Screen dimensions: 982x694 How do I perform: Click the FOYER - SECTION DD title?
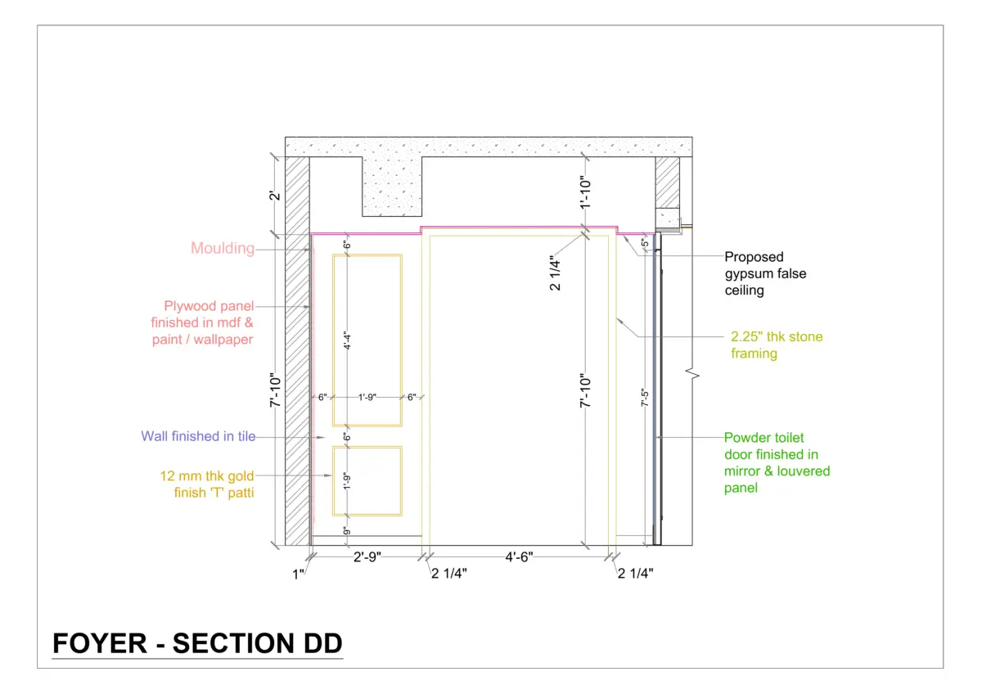click(x=197, y=643)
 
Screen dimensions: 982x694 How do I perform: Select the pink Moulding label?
click(x=223, y=248)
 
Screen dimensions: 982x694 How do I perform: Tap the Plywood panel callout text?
click(x=202, y=322)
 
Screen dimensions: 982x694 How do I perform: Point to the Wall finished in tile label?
click(x=198, y=436)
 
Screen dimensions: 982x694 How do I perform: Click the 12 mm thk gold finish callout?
click(x=207, y=484)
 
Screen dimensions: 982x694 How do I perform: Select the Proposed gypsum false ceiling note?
click(x=765, y=273)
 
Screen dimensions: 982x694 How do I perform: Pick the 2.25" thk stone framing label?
click(x=777, y=345)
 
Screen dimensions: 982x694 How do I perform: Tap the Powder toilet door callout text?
click(x=777, y=462)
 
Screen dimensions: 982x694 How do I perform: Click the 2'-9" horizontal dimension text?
click(x=367, y=557)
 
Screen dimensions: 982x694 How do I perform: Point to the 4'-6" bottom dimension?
click(x=519, y=557)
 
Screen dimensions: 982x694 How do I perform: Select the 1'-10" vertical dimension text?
click(x=585, y=192)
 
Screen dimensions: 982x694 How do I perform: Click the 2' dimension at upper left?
click(x=274, y=196)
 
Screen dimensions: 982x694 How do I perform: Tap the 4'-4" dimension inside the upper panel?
click(x=347, y=340)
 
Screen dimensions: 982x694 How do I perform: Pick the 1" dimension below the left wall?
click(x=298, y=574)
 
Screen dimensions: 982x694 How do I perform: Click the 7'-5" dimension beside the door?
click(x=645, y=398)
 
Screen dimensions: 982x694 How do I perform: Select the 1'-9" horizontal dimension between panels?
click(x=367, y=397)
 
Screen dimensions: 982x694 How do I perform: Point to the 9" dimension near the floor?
click(x=347, y=531)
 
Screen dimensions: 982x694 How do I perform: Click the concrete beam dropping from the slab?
click(x=392, y=187)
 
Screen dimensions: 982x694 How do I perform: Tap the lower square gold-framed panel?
click(x=367, y=481)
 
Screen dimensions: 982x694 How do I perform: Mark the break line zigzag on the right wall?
click(x=692, y=374)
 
